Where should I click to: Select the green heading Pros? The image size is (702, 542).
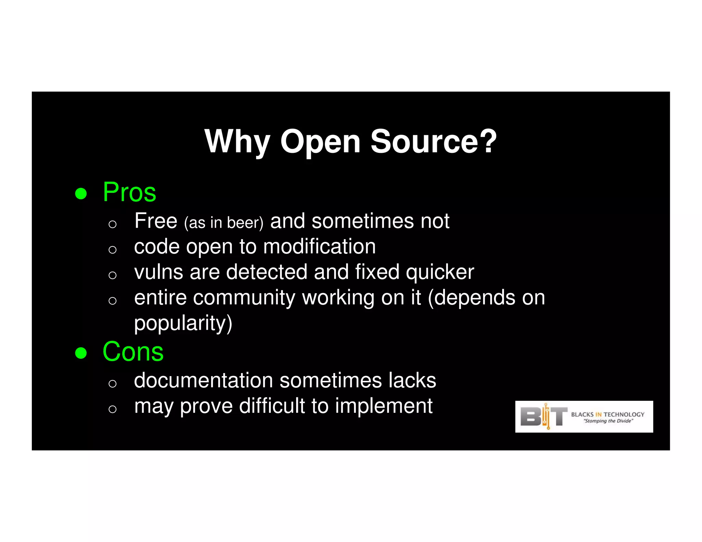pos(130,192)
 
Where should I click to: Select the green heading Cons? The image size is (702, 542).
pos(133,352)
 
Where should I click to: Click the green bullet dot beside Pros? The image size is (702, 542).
pos(81,193)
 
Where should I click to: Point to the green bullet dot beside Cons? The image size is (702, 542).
pos(81,353)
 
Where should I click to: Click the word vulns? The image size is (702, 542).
pos(158,272)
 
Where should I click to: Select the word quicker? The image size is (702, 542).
pos(440,273)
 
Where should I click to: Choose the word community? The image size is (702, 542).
pos(244,297)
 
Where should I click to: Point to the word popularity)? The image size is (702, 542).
pos(183,323)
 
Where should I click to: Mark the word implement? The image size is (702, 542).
pos(384,406)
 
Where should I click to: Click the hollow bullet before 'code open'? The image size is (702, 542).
pos(112,249)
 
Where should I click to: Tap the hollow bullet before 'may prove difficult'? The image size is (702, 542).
pos(112,409)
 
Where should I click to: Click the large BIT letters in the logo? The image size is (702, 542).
pos(544,417)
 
